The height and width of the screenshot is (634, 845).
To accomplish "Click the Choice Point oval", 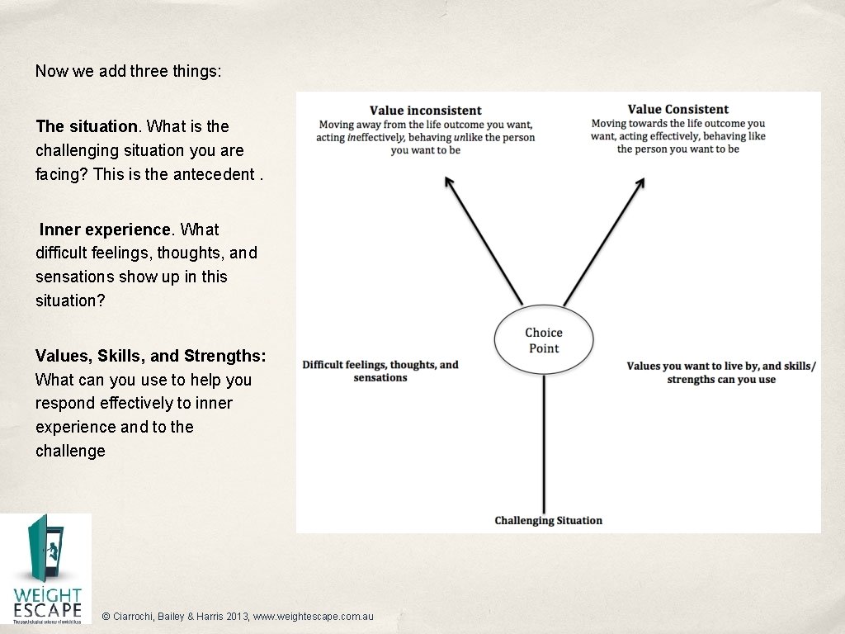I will (544, 340).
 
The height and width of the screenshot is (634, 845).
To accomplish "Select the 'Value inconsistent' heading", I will (425, 111).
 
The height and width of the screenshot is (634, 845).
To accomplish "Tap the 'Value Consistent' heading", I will (677, 109).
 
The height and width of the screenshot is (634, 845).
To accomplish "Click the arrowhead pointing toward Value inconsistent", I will (448, 182).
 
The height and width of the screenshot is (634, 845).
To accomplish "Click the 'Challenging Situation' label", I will (548, 520).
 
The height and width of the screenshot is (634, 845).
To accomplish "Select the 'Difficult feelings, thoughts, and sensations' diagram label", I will (380, 371).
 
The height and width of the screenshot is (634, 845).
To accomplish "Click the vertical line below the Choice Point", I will (544, 446).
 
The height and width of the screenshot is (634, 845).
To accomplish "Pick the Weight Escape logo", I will (46, 569).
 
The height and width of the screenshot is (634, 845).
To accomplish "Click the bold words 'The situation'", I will (87, 126).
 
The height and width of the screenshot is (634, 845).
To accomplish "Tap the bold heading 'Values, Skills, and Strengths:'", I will (151, 356).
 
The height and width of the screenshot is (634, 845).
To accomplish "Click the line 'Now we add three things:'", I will (128, 71).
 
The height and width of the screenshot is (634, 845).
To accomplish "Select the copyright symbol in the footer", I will (106, 617).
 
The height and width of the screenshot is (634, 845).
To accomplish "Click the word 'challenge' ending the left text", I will (70, 451).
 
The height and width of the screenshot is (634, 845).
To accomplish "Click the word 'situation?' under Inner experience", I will (70, 300).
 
